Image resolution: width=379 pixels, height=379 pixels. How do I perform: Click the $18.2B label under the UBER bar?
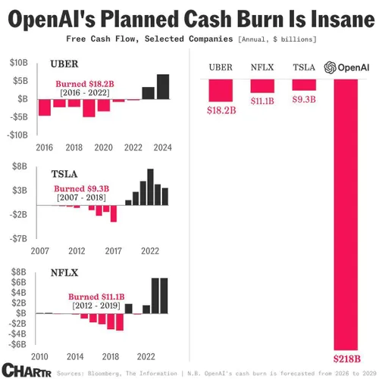(221, 110)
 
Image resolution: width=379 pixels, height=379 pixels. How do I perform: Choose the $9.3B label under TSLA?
(304, 100)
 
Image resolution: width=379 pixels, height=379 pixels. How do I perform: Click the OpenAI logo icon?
(329, 67)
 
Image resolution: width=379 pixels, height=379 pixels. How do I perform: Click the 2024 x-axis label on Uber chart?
(162, 147)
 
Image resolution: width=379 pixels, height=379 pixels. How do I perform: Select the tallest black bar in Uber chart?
(163, 86)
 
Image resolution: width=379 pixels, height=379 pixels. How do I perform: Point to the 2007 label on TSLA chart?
(41, 250)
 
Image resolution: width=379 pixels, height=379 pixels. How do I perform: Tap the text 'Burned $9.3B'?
(81, 188)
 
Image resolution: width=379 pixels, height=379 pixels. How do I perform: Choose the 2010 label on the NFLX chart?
(41, 356)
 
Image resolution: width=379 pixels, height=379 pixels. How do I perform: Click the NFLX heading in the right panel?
(262, 68)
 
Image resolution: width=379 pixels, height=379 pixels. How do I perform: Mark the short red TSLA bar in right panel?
(303, 84)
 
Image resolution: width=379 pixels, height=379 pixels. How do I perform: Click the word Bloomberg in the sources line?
(102, 373)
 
